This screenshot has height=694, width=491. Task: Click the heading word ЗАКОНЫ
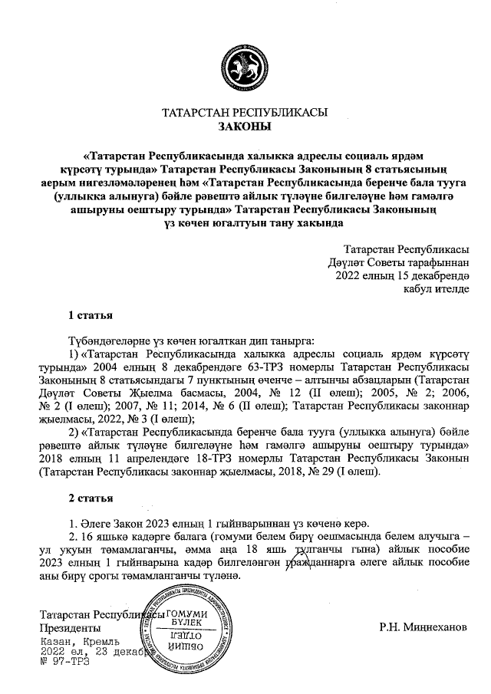click(x=245, y=127)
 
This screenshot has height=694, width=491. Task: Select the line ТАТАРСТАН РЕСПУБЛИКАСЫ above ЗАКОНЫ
click(x=245, y=112)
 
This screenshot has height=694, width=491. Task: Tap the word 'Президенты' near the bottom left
click(x=70, y=627)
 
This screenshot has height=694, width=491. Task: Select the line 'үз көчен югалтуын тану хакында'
click(x=245, y=223)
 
